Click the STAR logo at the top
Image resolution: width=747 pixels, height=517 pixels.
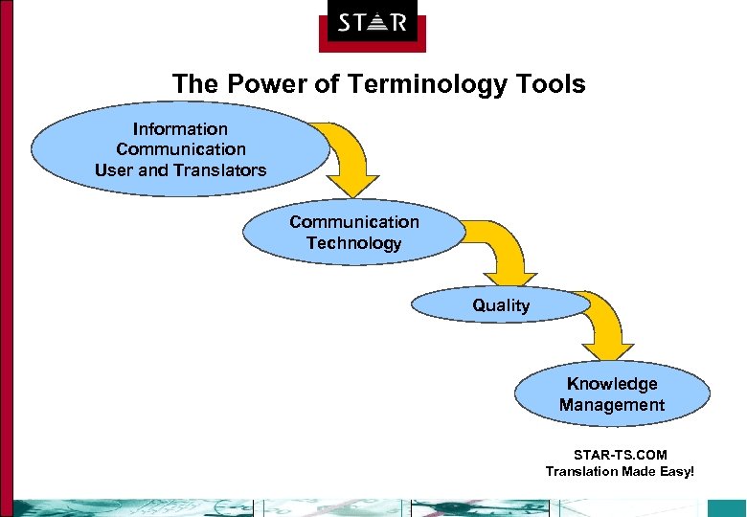click(372, 24)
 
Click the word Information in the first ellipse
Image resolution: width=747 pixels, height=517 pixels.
click(180, 128)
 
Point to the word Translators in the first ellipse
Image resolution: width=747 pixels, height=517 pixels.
click(227, 170)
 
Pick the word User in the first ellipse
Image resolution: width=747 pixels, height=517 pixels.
click(113, 170)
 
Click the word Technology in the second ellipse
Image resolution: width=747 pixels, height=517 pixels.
click(354, 243)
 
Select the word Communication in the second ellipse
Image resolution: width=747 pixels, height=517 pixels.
click(354, 222)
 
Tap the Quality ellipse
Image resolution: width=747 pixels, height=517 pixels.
click(500, 305)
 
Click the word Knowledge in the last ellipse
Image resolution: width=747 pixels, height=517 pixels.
click(612, 384)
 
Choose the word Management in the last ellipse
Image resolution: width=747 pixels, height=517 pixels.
click(612, 405)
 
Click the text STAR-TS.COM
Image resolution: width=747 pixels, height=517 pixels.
click(620, 455)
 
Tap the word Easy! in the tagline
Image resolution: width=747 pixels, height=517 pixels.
click(673, 471)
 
